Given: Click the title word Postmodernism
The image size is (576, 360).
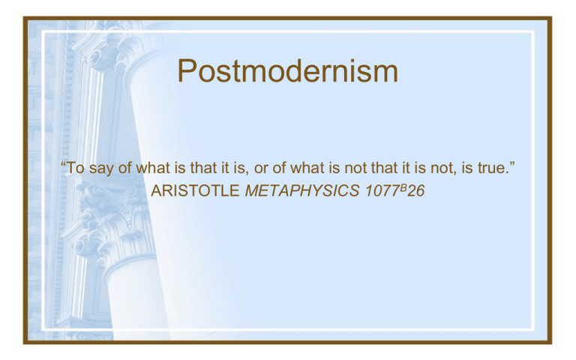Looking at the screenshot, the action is pyautogui.click(x=288, y=72).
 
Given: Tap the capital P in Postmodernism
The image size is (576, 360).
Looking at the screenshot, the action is pyautogui.click(x=187, y=70).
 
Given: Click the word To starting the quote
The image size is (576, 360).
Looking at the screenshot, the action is pyautogui.click(x=75, y=168).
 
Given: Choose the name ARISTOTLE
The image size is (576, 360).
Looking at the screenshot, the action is pyautogui.click(x=196, y=190).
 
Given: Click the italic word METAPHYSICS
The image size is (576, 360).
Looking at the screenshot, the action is pyautogui.click(x=302, y=190).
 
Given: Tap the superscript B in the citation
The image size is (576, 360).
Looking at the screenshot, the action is pyautogui.click(x=403, y=187).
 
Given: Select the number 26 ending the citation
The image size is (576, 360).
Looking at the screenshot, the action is pyautogui.click(x=415, y=190).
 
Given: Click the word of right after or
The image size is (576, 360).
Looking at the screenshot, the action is pyautogui.click(x=279, y=168).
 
